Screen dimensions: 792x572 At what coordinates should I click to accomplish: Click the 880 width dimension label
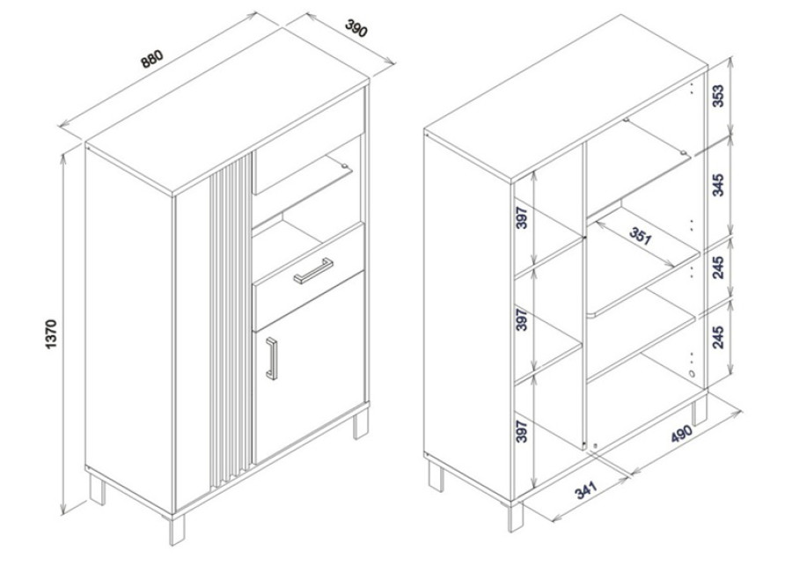click(x=152, y=58)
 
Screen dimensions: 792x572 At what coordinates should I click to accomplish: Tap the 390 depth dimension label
click(x=356, y=28)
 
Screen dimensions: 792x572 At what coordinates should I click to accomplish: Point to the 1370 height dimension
click(x=52, y=334)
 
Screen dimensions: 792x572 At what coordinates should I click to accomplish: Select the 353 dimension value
click(x=718, y=96)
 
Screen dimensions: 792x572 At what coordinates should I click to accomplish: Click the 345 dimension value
click(x=718, y=185)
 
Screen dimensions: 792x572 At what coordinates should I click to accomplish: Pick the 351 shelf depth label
click(x=641, y=236)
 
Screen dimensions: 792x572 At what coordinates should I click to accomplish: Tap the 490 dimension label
click(x=681, y=433)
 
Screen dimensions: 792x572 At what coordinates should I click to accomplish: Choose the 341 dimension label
click(x=586, y=489)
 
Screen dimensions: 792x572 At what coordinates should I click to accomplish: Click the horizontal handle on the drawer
click(x=313, y=271)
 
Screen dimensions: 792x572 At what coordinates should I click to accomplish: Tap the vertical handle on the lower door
click(x=272, y=358)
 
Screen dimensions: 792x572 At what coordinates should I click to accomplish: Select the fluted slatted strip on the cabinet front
click(x=231, y=320)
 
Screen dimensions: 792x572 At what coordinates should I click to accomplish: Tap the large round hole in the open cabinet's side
click(x=691, y=375)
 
